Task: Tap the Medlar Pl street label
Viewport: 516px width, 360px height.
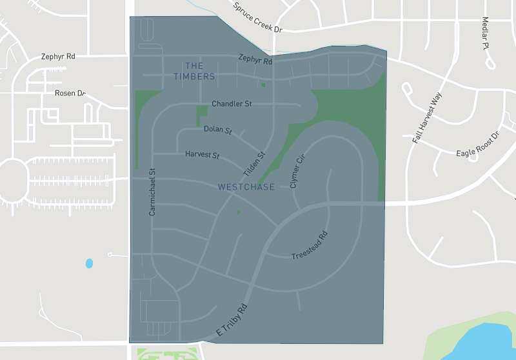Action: [485, 34]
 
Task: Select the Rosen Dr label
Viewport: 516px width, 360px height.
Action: [70, 93]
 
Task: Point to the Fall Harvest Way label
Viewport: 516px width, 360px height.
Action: [428, 118]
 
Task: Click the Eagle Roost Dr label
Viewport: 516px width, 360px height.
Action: [478, 145]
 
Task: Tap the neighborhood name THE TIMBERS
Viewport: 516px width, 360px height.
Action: [194, 71]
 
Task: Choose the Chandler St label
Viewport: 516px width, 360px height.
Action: [232, 104]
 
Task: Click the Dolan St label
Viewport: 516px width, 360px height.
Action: [217, 130]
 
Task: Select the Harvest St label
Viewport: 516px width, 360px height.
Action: [203, 155]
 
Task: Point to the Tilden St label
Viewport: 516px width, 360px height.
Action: [254, 165]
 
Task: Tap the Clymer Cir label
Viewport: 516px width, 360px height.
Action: [297, 172]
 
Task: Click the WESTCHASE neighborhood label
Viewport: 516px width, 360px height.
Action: [246, 187]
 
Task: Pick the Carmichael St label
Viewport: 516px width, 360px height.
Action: [153, 192]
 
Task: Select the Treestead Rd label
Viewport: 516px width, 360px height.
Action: [310, 246]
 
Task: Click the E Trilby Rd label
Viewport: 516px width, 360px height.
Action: [232, 321]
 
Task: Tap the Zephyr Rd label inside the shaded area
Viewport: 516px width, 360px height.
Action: [255, 59]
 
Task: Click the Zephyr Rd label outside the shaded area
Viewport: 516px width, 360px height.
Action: [58, 57]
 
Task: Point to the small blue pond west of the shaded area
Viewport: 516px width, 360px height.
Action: [89, 263]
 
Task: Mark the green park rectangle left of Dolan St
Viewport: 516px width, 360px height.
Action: [201, 115]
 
